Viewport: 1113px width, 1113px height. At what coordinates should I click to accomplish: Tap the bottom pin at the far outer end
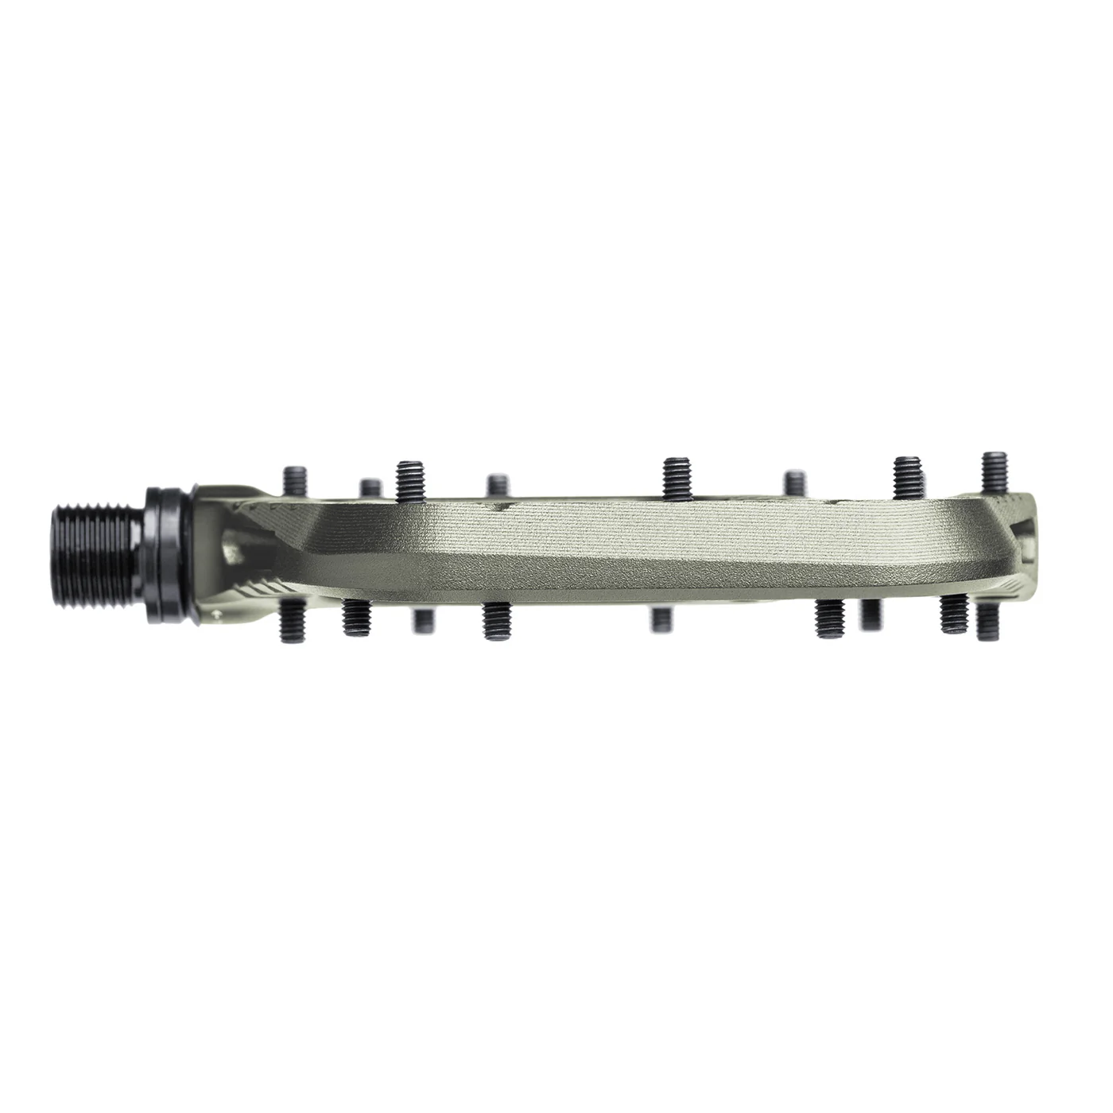click(987, 619)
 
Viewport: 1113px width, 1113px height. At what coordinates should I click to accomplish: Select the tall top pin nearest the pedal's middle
click(676, 479)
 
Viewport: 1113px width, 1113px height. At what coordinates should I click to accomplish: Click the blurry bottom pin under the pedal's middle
click(661, 619)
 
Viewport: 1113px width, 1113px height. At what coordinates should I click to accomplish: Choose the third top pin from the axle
click(410, 479)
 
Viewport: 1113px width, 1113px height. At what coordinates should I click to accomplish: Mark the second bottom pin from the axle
click(351, 619)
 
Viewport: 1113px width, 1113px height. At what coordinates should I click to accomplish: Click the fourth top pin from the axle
click(498, 487)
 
